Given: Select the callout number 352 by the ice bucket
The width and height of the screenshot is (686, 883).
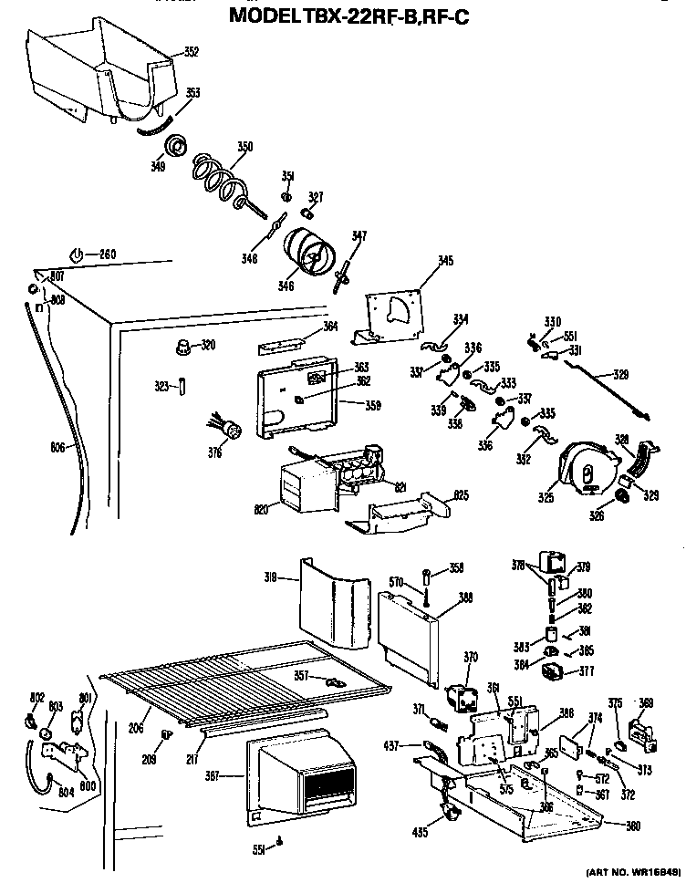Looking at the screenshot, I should (x=191, y=52).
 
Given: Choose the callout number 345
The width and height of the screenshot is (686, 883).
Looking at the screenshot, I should (x=445, y=262).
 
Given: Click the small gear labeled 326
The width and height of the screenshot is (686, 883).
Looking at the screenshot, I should (x=623, y=495).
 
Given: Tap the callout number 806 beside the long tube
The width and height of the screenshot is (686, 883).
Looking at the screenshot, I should (x=58, y=447).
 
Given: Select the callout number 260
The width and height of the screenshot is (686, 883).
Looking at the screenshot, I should (x=108, y=254).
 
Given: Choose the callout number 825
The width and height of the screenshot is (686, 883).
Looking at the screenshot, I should (x=462, y=495).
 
